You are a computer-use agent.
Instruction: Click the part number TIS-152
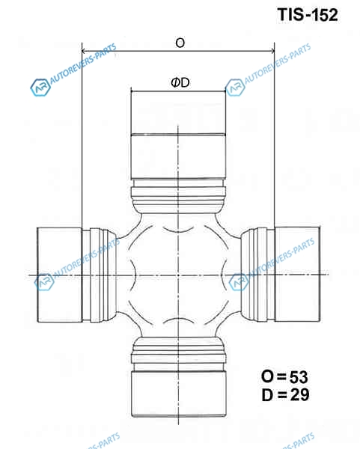(308, 15)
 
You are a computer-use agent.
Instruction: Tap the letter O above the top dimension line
(180, 43)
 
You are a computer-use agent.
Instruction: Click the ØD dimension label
(180, 83)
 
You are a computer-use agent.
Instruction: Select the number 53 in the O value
(299, 377)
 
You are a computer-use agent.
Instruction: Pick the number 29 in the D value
(299, 394)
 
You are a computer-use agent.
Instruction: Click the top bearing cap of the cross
(178, 135)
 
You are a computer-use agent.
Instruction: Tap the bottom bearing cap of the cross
(179, 394)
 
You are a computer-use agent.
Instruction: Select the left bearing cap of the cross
(60, 275)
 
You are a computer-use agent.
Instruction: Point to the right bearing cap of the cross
(297, 275)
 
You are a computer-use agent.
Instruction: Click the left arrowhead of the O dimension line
(84, 51)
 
